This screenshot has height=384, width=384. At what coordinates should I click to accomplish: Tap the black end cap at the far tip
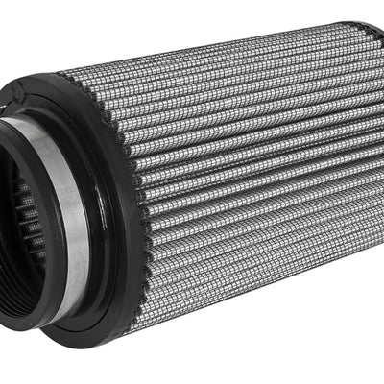[370, 38]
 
